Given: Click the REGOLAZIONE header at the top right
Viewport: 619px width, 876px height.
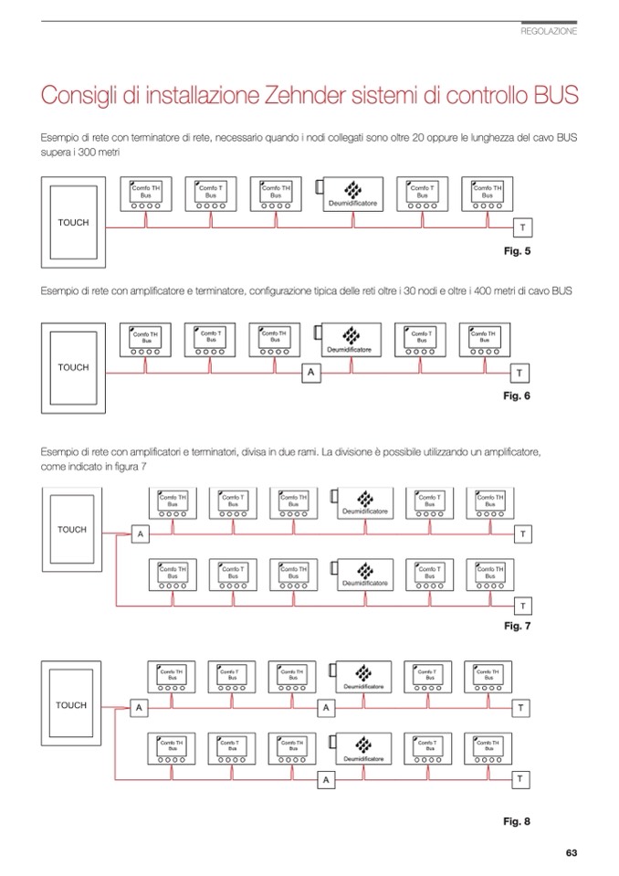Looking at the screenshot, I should (x=549, y=31).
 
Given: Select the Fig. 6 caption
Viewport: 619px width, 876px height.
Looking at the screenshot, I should (x=517, y=396).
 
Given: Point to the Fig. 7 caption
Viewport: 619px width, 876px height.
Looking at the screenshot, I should (x=517, y=627).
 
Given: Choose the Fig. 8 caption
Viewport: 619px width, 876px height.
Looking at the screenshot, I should (x=517, y=821).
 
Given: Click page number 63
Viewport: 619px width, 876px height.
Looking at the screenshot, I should (x=572, y=853).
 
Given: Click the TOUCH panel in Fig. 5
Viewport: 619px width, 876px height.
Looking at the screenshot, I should (x=73, y=223).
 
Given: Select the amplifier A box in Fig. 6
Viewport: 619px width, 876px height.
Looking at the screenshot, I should (x=310, y=372).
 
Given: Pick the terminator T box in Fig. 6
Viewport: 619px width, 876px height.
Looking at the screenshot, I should (x=519, y=373).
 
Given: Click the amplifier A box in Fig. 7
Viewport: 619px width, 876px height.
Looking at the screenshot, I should (x=141, y=533).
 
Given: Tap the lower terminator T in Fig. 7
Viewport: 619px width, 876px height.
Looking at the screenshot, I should (x=522, y=606).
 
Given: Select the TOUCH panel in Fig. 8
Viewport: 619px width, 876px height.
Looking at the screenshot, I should (x=71, y=705).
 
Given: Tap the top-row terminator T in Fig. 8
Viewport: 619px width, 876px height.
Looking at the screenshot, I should (x=520, y=708).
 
